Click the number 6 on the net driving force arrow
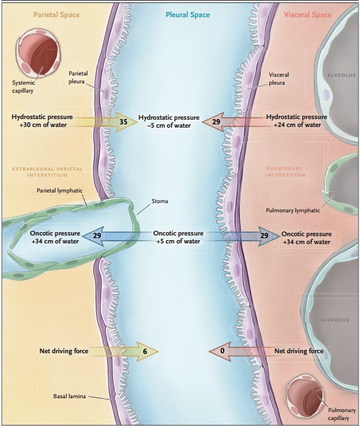click(x=144, y=352)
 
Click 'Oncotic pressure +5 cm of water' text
click(x=178, y=237)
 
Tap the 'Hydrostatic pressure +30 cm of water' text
click(x=42, y=122)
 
